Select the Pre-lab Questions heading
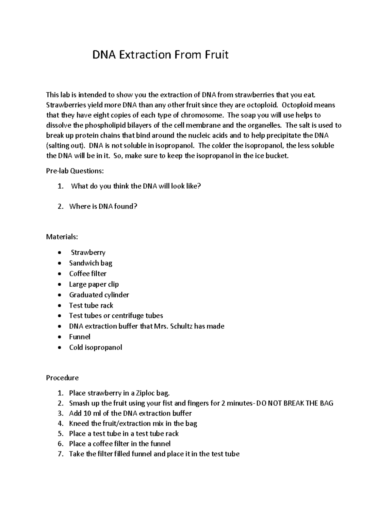[x=75, y=171]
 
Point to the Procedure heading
[x=62, y=378]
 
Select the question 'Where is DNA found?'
[x=103, y=206]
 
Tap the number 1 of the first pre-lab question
[x=59, y=186]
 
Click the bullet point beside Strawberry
[x=59, y=253]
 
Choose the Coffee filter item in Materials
[x=88, y=274]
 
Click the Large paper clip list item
[x=94, y=284]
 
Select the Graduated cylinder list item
[x=99, y=295]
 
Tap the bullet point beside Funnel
[x=59, y=337]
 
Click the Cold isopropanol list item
[x=95, y=347]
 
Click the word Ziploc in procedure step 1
[x=144, y=393]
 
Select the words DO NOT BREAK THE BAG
[x=295, y=403]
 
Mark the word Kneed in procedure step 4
[x=79, y=423]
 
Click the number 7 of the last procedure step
[x=60, y=454]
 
